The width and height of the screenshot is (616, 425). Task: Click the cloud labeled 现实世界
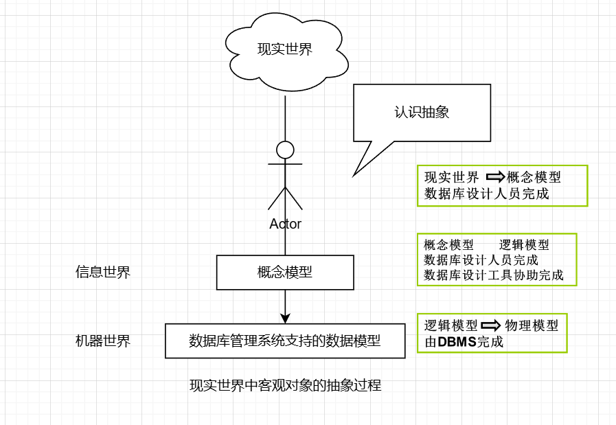point(284,49)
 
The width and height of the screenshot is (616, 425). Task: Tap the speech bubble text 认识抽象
point(422,112)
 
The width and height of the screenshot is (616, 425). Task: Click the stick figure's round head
point(285,149)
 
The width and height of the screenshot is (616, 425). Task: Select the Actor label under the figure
point(285,224)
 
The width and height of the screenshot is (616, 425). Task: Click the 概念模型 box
point(285,273)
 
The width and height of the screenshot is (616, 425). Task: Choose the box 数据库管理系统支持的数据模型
point(285,341)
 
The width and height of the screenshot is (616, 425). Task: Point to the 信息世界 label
point(103,273)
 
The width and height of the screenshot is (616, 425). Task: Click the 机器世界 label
point(103,341)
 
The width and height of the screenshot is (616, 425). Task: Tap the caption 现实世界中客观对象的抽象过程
point(285,385)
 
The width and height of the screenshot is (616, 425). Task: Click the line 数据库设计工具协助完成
point(494,275)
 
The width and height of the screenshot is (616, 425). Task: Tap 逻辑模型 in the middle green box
point(524,245)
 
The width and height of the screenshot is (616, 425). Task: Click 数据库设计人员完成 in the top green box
point(486,194)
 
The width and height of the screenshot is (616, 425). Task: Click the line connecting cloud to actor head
point(285,117)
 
